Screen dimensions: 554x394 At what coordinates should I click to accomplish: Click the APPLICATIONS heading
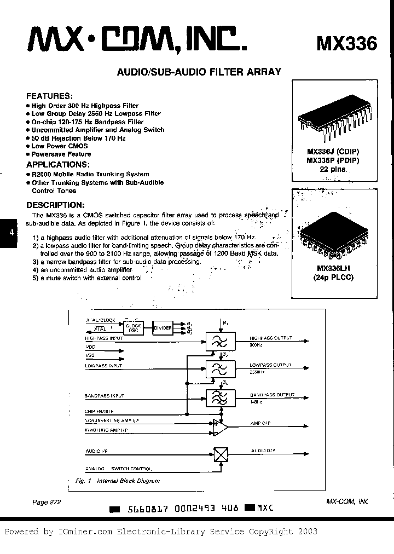57,164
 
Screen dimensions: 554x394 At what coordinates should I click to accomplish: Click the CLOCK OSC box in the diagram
134,328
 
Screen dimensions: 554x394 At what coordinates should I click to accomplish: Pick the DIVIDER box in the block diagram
163,328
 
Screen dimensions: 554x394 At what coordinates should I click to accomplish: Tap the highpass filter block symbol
220,342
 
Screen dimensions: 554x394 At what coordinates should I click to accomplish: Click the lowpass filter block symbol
220,368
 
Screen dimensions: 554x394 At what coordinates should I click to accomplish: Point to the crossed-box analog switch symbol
221,454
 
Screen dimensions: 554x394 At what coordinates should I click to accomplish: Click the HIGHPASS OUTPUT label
271,338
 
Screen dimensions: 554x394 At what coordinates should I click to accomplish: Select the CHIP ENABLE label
99,410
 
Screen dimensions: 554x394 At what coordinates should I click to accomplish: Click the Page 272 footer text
43,502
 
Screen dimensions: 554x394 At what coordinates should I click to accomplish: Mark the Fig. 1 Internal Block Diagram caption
117,481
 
